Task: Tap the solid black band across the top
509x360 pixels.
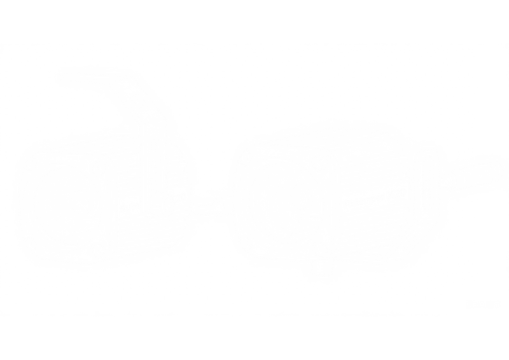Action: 254,19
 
